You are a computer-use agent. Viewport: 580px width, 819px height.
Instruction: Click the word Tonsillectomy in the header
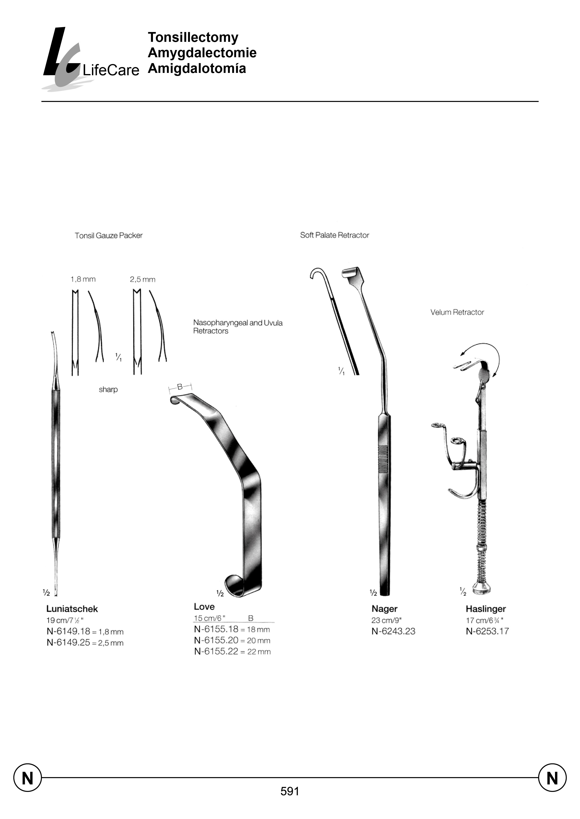click(193, 37)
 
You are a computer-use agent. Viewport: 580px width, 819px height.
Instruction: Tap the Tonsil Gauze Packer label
click(109, 236)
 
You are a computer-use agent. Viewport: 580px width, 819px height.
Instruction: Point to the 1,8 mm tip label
click(83, 279)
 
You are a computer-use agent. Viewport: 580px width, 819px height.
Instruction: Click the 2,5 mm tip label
click(142, 279)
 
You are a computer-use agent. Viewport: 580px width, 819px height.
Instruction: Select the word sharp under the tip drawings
click(108, 389)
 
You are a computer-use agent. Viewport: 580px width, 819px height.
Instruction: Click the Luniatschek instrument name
click(72, 609)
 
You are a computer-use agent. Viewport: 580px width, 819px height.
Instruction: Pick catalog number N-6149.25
click(68, 643)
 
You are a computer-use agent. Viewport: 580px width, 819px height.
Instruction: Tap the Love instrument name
click(204, 607)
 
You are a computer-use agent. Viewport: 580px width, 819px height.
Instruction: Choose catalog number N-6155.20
click(216, 640)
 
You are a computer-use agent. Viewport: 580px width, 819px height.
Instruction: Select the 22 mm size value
click(259, 652)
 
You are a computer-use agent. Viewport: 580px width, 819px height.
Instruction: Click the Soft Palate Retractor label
click(334, 235)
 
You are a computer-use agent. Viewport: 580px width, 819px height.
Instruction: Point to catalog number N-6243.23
click(393, 631)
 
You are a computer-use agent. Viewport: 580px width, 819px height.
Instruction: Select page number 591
click(290, 791)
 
